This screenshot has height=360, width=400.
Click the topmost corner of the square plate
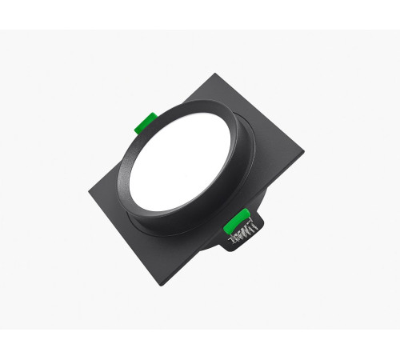click(214, 75)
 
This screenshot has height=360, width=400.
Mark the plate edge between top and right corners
click(260, 118)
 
